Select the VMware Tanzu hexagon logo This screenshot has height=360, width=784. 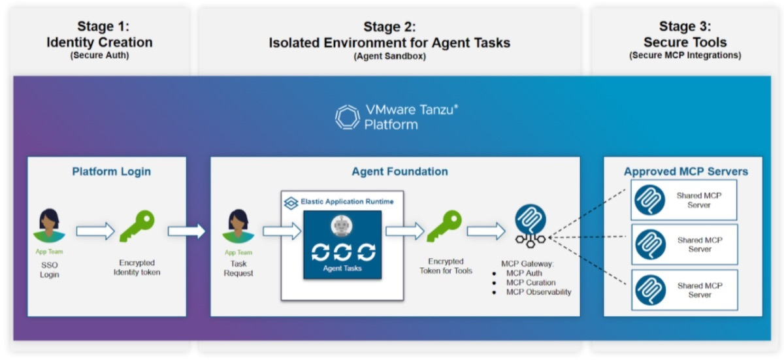[x=347, y=117]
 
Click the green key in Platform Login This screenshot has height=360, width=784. [x=137, y=227]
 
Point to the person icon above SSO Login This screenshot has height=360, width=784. [x=50, y=226]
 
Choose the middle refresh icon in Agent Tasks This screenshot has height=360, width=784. [x=342, y=252]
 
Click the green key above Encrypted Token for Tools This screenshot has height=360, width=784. [x=445, y=227]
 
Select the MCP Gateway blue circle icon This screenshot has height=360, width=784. [x=530, y=219]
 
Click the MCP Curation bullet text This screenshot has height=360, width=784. [x=531, y=283]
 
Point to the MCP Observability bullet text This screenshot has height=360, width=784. [x=538, y=292]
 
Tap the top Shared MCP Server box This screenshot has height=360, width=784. [x=683, y=200]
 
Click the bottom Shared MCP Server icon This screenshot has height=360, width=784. [x=649, y=290]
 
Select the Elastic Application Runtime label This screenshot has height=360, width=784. [x=347, y=202]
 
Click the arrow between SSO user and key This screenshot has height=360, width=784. [x=95, y=231]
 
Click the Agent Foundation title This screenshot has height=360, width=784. [x=400, y=172]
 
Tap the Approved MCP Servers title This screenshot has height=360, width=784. [x=685, y=172]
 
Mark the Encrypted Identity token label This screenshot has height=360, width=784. [x=137, y=268]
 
